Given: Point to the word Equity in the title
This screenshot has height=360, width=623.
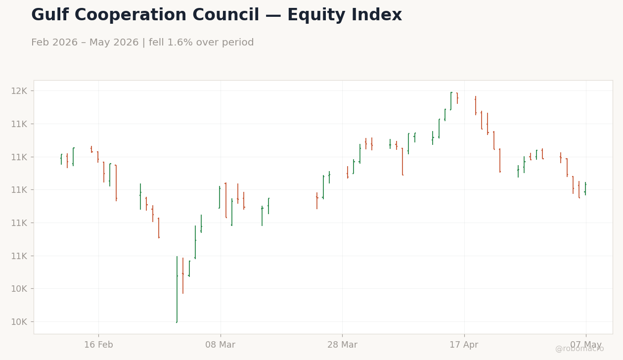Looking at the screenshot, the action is coord(316,14).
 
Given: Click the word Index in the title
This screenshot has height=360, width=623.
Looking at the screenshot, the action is coord(377,14).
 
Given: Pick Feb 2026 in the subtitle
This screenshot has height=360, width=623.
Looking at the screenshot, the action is coord(54,43).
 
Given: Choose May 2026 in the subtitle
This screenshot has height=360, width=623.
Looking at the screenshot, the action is coord(114,43).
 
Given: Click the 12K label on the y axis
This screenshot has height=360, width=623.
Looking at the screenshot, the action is coord(19,91).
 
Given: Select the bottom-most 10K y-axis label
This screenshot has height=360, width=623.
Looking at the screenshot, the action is coord(19,322).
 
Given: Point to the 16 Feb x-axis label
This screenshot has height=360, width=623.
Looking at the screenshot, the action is coord(99,345).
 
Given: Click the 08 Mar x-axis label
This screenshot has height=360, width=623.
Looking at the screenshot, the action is coord(221,345).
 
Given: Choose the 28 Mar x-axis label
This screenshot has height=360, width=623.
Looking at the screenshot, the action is coord(342,345).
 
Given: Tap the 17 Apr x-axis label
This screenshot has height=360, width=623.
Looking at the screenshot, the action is coord(464,345).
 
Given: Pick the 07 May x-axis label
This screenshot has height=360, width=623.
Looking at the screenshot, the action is coord(586,345).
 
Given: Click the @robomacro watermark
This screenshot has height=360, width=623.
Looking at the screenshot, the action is coord(579,349).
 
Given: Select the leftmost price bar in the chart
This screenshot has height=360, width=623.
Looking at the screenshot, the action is coord(61,159).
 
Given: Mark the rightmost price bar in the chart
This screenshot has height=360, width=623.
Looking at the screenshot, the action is coord(585,188).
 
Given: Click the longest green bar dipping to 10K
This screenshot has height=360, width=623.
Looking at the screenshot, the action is coord(177,289).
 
